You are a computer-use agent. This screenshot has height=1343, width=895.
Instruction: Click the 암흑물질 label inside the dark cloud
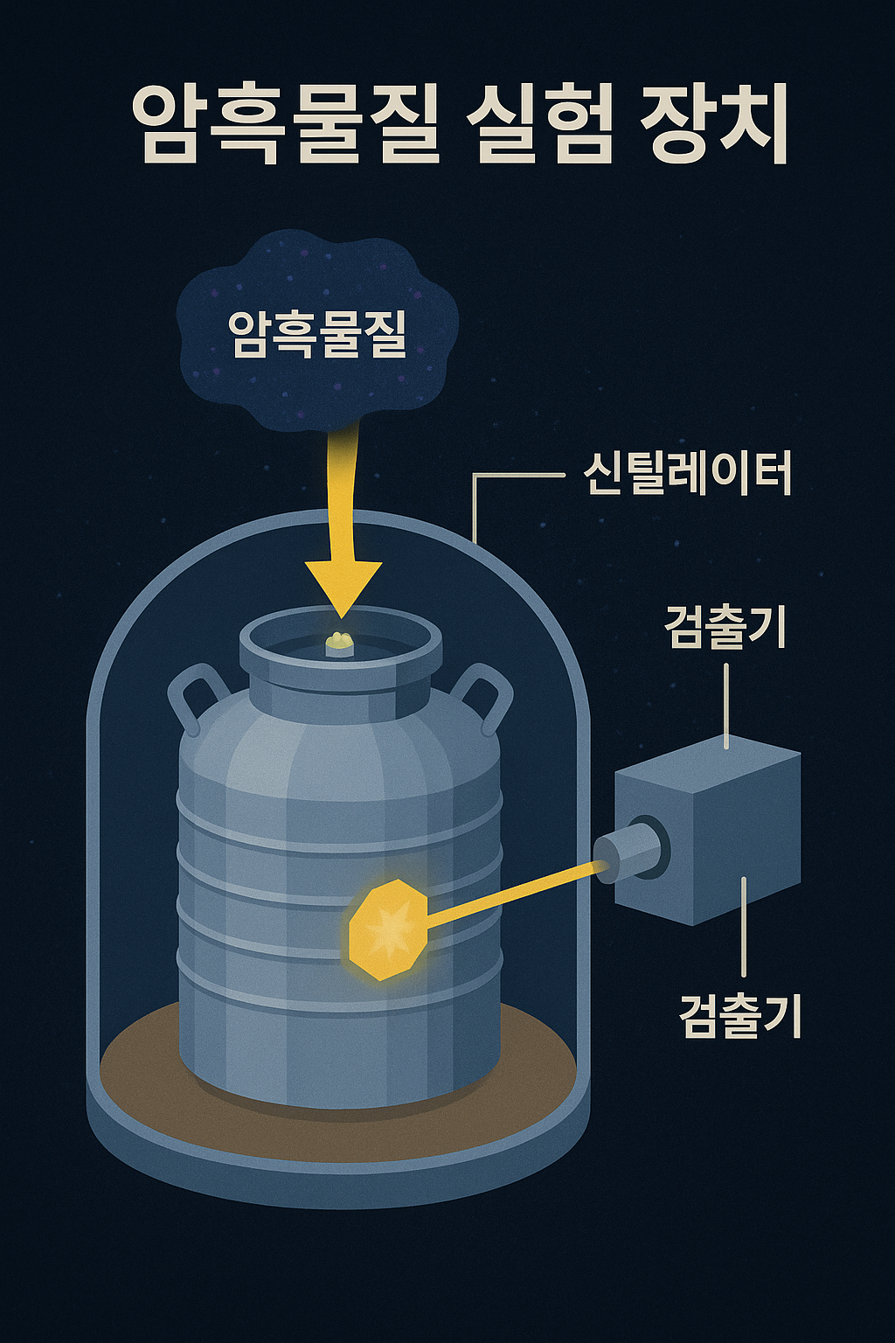(x=318, y=333)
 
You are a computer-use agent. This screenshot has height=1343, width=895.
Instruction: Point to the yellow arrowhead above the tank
(x=343, y=586)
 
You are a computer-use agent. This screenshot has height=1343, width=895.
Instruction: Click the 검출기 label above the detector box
(x=725, y=626)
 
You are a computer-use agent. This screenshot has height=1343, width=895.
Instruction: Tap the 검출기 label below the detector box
(x=739, y=1015)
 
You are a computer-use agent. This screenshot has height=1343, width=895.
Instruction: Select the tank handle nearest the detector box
(x=486, y=695)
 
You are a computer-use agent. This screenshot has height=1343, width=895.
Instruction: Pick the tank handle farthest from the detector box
(x=194, y=695)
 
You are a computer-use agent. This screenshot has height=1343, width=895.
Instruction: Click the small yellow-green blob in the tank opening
(x=339, y=644)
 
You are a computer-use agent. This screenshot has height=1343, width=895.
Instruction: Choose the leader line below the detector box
(x=743, y=927)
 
